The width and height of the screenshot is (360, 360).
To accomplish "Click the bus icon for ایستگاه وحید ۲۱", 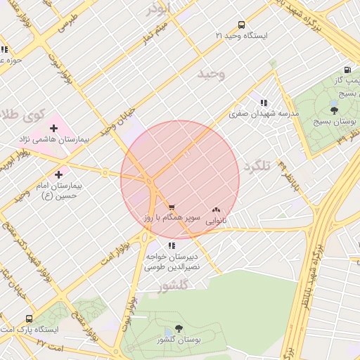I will [x=242, y=24].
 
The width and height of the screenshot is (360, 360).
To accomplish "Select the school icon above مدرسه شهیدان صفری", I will [x=264, y=103].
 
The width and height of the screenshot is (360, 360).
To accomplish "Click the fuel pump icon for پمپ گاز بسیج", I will [x=347, y=70].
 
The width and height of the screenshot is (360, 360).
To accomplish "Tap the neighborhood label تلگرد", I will [x=257, y=167].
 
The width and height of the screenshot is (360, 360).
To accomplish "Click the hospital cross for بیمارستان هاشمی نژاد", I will [x=53, y=128].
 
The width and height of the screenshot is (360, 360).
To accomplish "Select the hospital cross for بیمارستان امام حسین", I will [x=58, y=174].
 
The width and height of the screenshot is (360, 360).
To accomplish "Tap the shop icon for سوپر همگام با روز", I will [x=172, y=208].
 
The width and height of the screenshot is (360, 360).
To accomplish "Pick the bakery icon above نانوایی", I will [x=216, y=209].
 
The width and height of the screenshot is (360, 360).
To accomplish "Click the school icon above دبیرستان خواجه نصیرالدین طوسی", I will [x=172, y=245].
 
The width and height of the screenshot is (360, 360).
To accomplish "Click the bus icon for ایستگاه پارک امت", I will [x=29, y=318].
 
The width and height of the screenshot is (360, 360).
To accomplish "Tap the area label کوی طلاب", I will [x=21, y=114].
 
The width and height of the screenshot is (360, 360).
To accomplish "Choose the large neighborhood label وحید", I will [x=211, y=74].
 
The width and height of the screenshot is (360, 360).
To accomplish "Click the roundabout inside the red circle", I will [x=150, y=181].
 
